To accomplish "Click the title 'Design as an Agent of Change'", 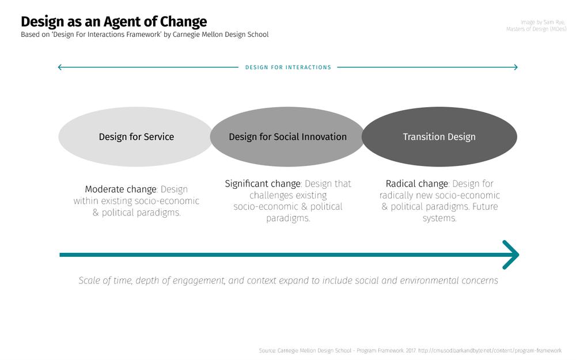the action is (114, 22).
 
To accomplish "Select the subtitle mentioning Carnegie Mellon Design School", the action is (145, 35).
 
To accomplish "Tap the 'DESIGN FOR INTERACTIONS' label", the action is (289, 67).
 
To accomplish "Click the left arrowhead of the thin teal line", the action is (60, 67).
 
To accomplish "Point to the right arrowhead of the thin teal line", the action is (516, 67).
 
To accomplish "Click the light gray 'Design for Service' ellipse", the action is (135, 137).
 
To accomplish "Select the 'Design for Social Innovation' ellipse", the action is (287, 137).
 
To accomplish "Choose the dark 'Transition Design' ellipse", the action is (439, 137).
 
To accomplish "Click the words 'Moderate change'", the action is (120, 189).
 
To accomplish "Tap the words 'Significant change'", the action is (263, 184).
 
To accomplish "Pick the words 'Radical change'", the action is (417, 184).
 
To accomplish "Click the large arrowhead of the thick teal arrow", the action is (511, 255).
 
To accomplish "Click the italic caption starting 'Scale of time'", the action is (289, 281).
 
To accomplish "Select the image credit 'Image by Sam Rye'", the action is (543, 22).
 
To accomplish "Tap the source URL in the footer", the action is (490, 351).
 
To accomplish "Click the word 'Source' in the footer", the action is (267, 351).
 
